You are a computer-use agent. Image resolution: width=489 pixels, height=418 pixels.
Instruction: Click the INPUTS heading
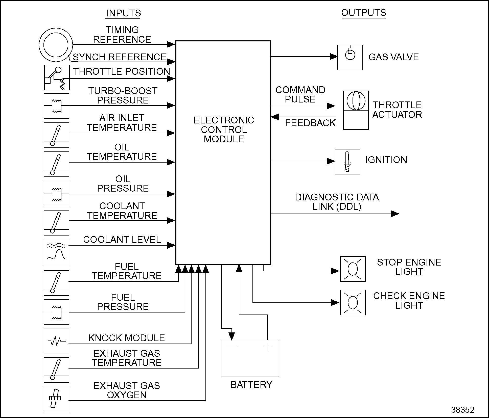click(124, 13)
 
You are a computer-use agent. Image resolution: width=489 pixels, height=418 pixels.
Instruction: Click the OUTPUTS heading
click(363, 13)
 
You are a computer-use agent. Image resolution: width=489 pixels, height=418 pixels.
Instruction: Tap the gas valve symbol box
click(350, 57)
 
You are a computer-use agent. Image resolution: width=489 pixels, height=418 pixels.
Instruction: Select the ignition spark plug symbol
click(347, 162)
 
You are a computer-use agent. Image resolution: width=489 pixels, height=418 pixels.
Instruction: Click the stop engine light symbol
click(353, 269)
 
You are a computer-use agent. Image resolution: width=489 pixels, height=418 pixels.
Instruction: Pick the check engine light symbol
click(353, 302)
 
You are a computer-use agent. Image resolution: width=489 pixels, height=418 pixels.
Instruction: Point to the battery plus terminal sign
click(268, 348)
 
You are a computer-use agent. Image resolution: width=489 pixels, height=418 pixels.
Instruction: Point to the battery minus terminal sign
click(232, 347)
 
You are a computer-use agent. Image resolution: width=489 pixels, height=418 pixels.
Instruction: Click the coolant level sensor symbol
click(56, 252)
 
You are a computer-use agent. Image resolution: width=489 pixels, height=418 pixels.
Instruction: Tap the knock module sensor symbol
click(56, 341)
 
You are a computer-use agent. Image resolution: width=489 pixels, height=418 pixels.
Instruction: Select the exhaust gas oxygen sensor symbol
click(56, 399)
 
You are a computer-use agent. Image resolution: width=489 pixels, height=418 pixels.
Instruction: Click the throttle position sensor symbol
click(57, 77)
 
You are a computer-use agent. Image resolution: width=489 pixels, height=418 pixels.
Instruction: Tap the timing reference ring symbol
click(56, 45)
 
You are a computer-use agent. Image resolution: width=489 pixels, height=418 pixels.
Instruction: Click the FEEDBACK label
click(310, 123)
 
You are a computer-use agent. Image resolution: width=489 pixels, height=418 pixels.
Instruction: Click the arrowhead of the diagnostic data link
click(395, 214)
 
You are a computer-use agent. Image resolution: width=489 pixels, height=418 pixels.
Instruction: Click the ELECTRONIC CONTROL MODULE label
click(224, 129)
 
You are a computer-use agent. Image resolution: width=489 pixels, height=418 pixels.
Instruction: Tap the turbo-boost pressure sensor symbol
click(56, 106)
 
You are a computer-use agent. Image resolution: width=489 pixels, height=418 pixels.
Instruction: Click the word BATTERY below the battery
click(251, 385)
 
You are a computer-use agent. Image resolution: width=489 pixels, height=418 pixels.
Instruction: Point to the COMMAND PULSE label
click(300, 94)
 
